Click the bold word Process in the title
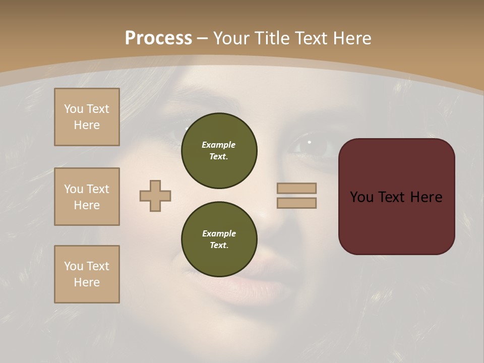coord(158,38)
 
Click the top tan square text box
coord(87,117)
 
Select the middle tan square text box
coord(87,197)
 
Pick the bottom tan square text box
coord(87,274)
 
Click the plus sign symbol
coord(155,196)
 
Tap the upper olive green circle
coord(219,150)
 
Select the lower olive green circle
coord(219,239)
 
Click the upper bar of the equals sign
coord(296,188)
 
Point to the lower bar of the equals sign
coord(296,203)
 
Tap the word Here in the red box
coord(426,197)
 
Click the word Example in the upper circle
coord(219,145)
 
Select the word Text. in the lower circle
coord(219,245)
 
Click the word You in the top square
coord(74,109)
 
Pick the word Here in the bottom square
coord(87,282)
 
